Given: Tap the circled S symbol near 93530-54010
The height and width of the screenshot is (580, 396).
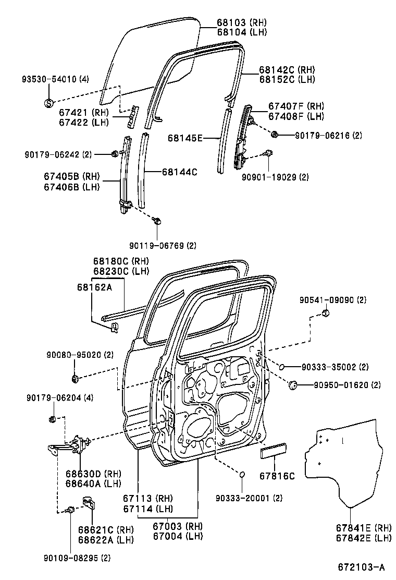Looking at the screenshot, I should click(x=48, y=103).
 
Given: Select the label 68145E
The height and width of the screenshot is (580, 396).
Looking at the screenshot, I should click(x=185, y=138).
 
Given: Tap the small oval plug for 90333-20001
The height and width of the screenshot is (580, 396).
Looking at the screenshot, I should click(x=242, y=474).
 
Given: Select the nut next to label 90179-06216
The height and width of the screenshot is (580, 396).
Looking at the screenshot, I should click(x=275, y=135).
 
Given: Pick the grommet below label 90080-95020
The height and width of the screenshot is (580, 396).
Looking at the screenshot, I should click(x=74, y=377).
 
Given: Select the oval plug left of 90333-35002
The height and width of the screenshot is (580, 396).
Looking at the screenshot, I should click(x=281, y=367).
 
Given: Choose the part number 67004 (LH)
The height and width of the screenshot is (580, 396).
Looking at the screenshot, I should click(x=177, y=536).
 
